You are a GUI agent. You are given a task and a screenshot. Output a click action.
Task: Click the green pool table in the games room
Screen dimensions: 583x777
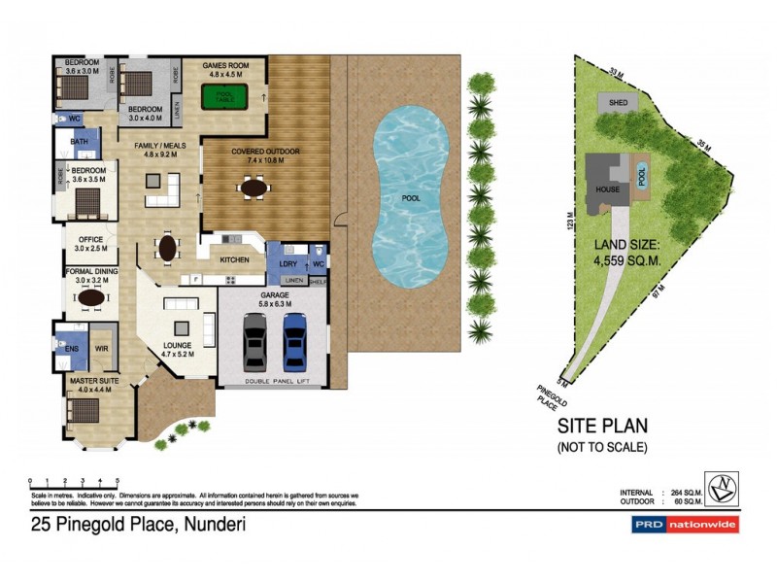(223, 97)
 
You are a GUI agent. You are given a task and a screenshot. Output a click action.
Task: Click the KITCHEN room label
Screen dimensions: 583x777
(234, 260)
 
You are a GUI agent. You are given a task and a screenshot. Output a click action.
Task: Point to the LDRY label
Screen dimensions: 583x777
(287, 263)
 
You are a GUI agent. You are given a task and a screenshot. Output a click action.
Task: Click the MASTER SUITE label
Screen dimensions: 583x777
(93, 382)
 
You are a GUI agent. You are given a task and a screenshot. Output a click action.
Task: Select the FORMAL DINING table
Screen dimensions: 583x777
(92, 298)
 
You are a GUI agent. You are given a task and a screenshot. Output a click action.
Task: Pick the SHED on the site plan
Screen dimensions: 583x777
(618, 102)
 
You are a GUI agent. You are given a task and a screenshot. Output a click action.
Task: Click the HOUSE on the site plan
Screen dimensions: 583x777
(608, 188)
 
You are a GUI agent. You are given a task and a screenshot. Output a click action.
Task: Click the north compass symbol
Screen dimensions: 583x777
(722, 489)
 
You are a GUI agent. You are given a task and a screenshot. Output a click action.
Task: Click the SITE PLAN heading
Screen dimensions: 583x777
(602, 426)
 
